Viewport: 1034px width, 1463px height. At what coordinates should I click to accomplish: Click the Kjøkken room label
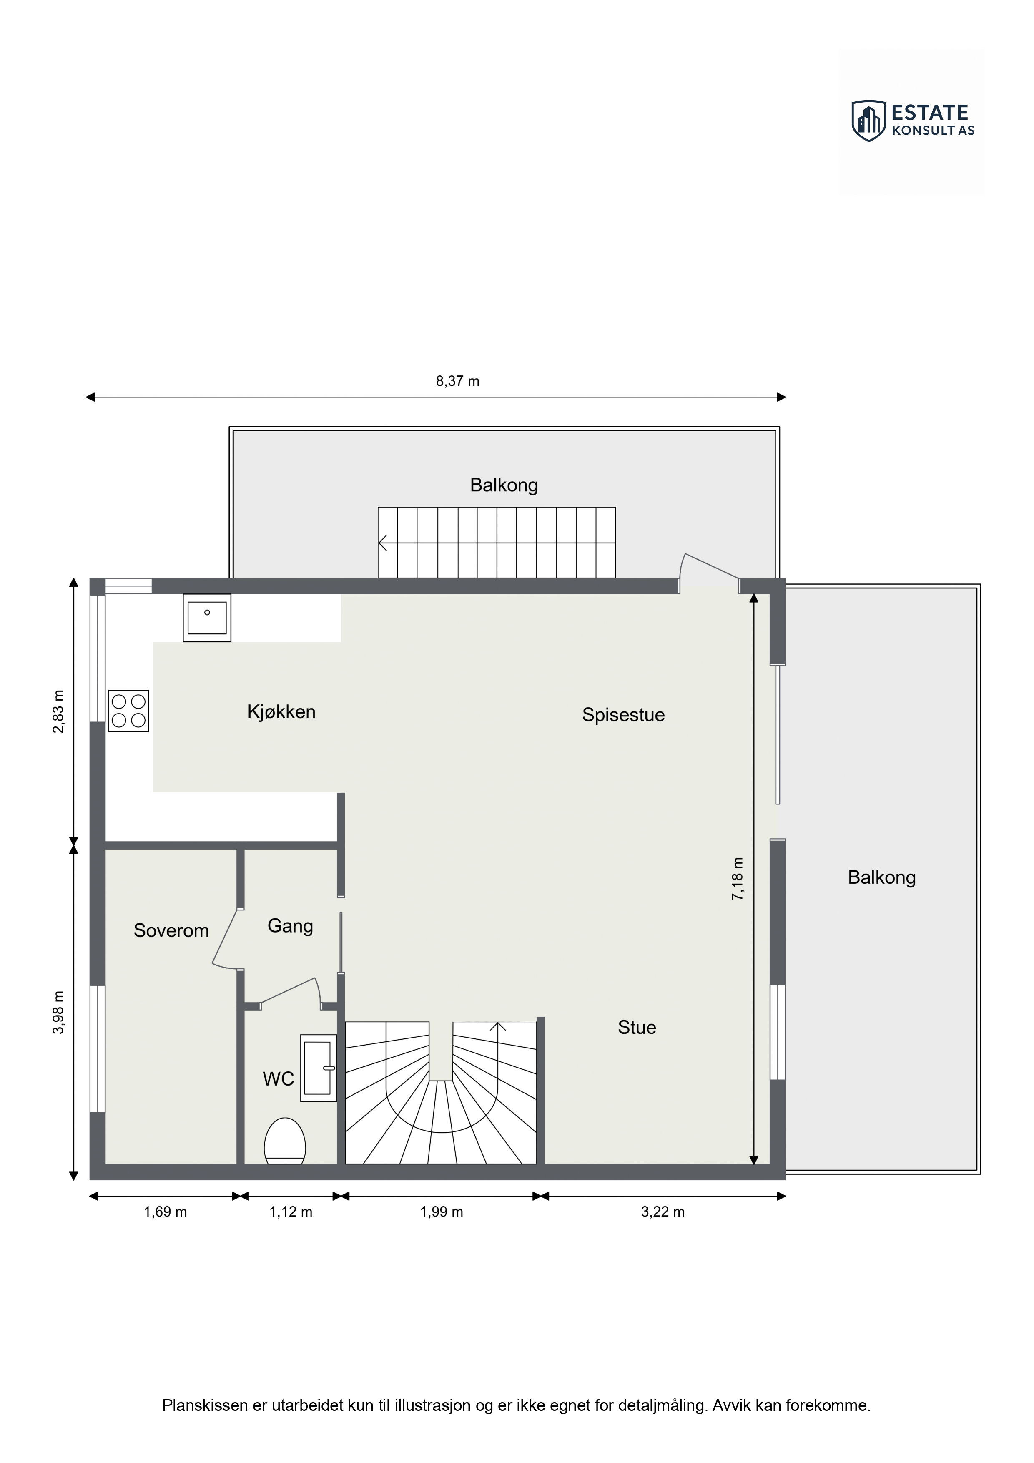[281, 712]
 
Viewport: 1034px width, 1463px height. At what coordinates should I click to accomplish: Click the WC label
[279, 1079]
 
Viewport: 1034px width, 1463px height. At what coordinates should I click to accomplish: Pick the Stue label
[637, 1027]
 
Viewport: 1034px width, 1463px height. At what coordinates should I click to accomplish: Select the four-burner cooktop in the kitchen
[129, 711]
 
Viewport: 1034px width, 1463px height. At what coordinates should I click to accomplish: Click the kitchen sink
[207, 618]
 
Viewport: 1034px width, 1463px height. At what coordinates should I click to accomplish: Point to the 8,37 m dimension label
[457, 381]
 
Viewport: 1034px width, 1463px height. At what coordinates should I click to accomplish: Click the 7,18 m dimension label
[737, 879]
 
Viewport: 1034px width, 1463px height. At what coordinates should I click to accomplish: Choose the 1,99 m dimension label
[442, 1212]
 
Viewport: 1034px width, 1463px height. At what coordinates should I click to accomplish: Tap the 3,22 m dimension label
[663, 1212]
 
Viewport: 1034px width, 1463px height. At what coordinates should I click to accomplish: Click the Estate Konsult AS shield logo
[869, 121]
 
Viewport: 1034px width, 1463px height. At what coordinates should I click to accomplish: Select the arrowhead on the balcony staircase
[383, 543]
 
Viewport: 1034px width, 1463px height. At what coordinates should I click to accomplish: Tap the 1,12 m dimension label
[291, 1212]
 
